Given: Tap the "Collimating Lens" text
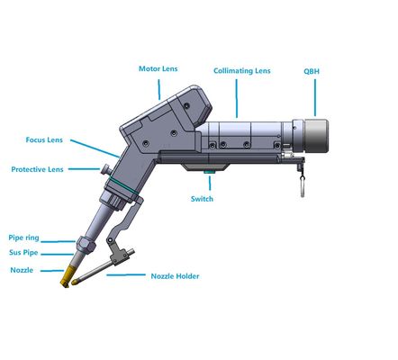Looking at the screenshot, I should [x=241, y=70].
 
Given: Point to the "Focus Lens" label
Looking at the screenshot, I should [x=45, y=139].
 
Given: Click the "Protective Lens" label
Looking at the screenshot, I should [x=37, y=169].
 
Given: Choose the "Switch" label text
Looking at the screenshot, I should [x=203, y=199].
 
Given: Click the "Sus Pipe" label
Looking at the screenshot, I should [x=26, y=254].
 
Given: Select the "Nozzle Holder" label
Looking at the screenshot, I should [x=175, y=276].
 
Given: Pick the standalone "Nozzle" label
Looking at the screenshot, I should [x=23, y=270].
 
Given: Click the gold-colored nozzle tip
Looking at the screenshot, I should [x=65, y=280].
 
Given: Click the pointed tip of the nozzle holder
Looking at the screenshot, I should [x=77, y=285].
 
